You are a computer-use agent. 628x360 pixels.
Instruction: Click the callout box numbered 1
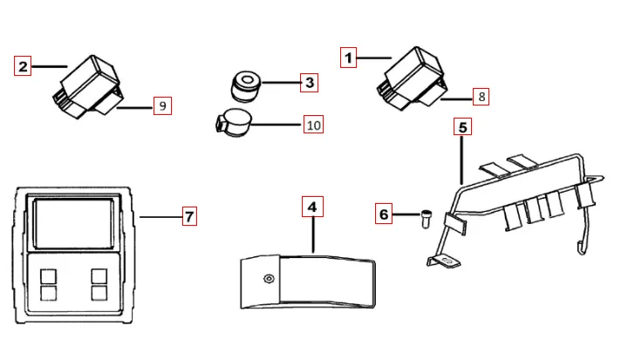tap(348, 58)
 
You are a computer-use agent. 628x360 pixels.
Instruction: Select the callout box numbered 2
tap(23, 65)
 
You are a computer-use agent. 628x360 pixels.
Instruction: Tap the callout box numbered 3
tap(309, 83)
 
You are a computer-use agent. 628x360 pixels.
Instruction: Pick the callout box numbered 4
tap(312, 207)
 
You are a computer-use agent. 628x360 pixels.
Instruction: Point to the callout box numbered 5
tap(462, 126)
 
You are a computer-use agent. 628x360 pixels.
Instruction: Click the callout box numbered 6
tap(384, 214)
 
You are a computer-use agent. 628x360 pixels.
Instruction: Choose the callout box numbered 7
tap(189, 216)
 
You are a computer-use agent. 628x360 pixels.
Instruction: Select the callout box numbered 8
tap(481, 97)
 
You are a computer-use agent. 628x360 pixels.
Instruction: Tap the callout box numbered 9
tap(162, 105)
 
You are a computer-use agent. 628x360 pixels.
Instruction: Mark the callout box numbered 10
tap(313, 125)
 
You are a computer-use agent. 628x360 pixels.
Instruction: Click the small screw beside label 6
tap(427, 219)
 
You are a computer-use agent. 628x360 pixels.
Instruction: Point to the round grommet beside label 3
tap(245, 86)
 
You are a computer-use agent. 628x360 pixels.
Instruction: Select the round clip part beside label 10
tap(234, 123)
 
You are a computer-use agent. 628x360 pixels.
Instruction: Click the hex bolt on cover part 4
tap(269, 278)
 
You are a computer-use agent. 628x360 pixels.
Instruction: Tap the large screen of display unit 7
tap(73, 223)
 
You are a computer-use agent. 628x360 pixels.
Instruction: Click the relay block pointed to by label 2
tap(88, 87)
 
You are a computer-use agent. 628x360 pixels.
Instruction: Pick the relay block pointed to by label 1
tap(413, 78)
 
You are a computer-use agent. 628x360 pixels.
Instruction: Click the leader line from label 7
tap(160, 217)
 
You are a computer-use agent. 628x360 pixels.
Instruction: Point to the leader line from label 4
tap(313, 234)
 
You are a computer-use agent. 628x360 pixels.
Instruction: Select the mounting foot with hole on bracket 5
tap(444, 262)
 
